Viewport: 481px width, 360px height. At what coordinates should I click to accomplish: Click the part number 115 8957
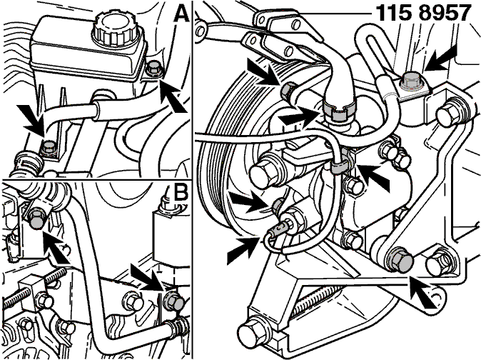pos(423,13)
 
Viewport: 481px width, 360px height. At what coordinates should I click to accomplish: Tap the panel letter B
pos(181,194)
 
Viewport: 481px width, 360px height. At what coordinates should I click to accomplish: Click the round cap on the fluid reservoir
pos(116,27)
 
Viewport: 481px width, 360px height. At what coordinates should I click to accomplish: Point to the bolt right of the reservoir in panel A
pos(153,69)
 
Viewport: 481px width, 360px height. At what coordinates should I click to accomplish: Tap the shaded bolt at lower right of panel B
pos(174,301)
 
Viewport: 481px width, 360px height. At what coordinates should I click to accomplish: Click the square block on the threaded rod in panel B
pos(32,290)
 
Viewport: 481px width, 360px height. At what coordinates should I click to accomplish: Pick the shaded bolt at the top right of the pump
pos(411,83)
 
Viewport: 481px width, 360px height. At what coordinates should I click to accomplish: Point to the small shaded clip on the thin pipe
pos(341,166)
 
